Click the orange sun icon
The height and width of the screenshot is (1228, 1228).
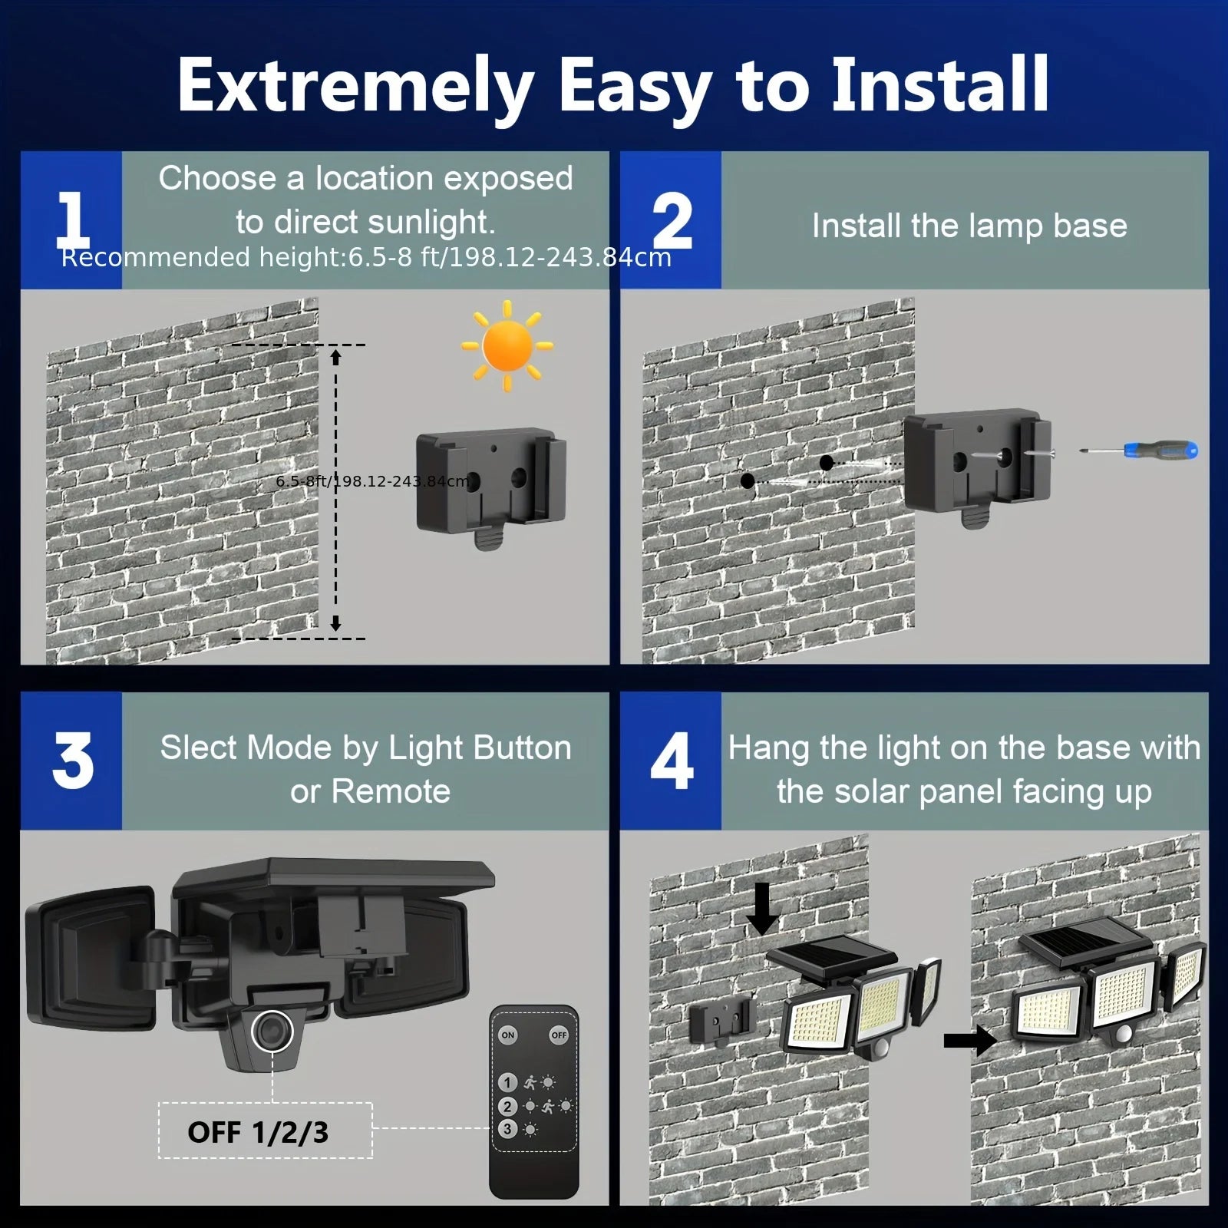(507, 345)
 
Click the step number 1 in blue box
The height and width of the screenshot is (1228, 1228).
(72, 221)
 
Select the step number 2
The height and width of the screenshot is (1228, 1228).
(672, 221)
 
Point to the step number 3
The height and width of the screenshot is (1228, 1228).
(72, 761)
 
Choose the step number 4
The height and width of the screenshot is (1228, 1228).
(672, 761)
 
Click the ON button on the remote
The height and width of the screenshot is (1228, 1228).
(508, 1035)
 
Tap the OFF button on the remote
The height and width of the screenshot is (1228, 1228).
(559, 1035)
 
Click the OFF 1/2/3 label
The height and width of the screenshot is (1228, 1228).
(258, 1132)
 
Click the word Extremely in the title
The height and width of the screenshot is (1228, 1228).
(355, 86)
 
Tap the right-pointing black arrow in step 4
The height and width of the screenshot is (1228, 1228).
(969, 1041)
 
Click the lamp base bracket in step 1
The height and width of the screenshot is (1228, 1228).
(491, 484)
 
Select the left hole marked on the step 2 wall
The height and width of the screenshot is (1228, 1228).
(748, 481)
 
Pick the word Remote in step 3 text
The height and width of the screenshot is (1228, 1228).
(391, 792)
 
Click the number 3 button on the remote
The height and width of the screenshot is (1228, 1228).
(507, 1129)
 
